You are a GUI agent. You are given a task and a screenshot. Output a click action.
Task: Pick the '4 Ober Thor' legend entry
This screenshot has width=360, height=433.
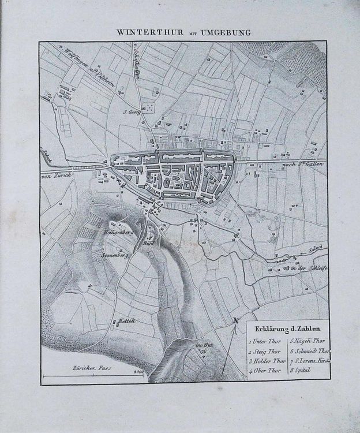point(265,370)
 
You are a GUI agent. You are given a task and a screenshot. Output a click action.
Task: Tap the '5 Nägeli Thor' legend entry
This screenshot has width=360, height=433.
point(308,341)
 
